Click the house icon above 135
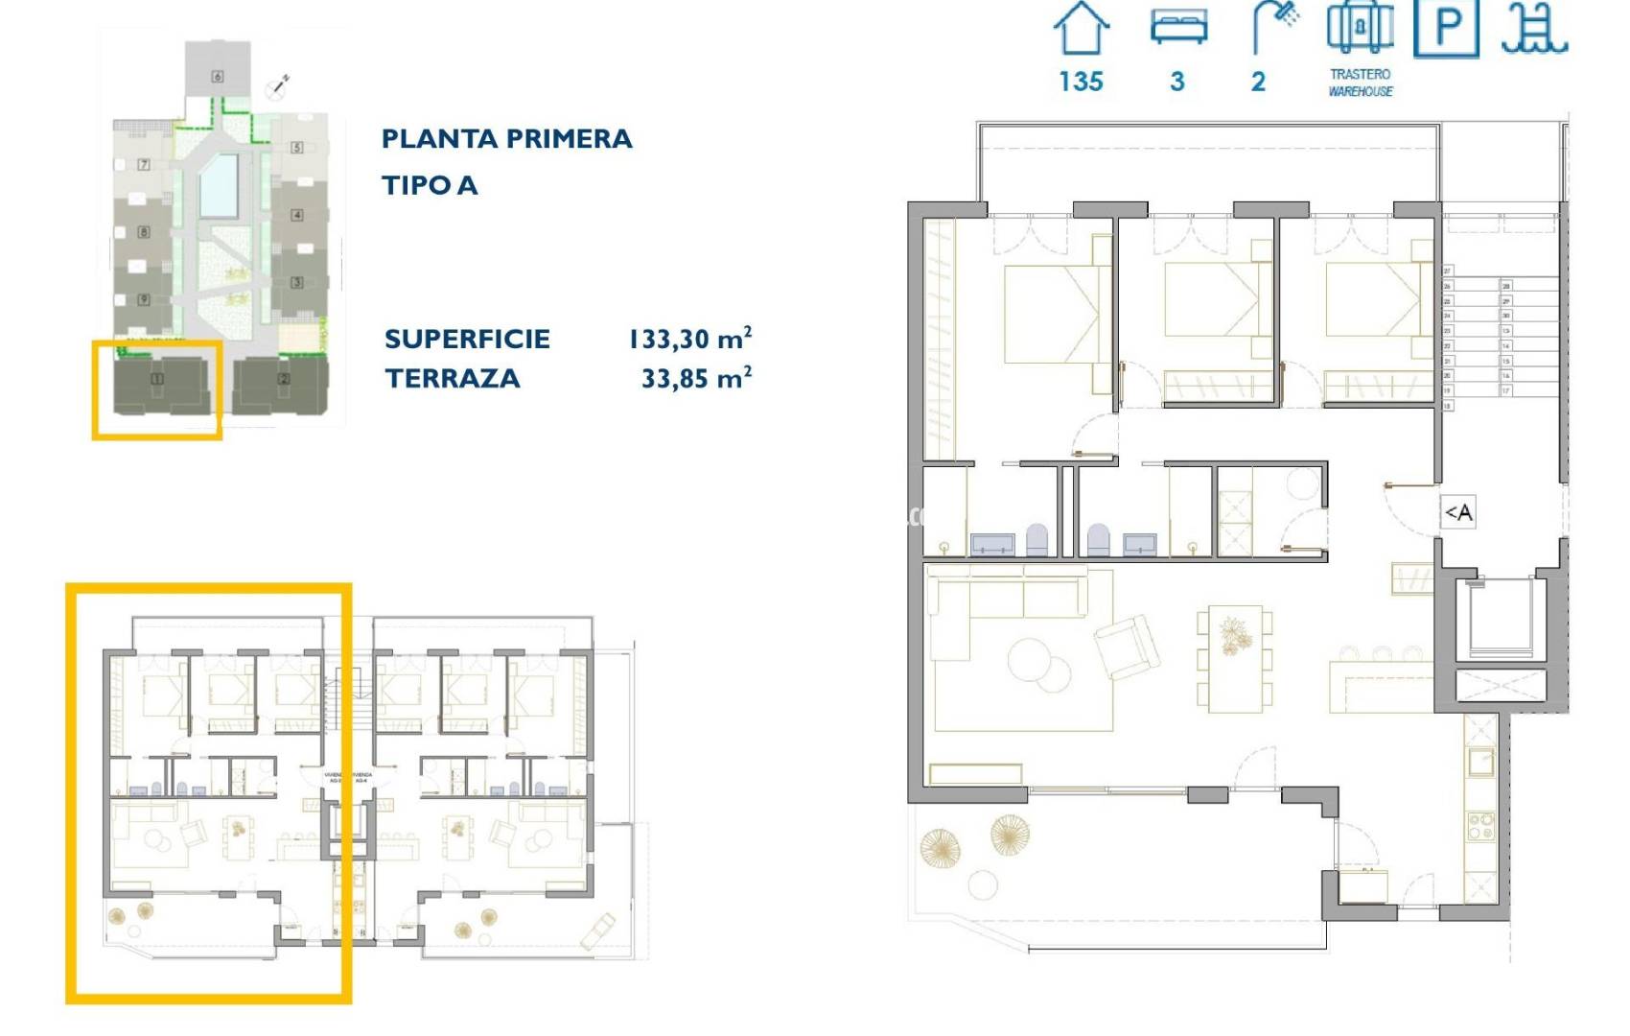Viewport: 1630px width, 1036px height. coord(1082,29)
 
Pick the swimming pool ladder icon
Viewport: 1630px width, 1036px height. coord(1534,29)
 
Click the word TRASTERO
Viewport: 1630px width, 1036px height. coord(1360,74)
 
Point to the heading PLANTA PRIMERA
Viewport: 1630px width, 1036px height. coord(506,139)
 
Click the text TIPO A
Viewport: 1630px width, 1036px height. coord(429,185)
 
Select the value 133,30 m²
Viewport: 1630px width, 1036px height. coord(689,339)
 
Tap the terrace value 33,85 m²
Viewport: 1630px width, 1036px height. coord(695,378)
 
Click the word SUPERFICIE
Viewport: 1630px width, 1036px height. coord(467,339)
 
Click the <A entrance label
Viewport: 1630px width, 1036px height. coord(1458,512)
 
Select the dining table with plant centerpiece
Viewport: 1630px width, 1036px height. coord(1234,658)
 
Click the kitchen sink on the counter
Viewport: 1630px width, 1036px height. coord(1481,763)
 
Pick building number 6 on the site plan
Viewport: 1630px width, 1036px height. coord(218,76)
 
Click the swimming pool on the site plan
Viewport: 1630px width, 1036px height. coord(219,185)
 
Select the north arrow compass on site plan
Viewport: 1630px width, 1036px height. coord(279,86)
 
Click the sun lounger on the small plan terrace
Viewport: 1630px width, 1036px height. coord(598,928)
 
